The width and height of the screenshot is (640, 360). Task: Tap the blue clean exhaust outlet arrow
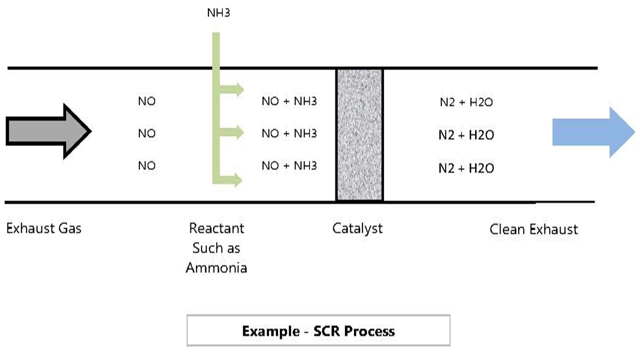(590, 132)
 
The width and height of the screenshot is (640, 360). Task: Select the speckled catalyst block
(359, 135)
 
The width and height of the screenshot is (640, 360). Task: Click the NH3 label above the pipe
(218, 12)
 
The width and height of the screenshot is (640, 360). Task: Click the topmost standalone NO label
(147, 101)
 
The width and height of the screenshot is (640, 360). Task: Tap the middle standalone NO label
(147, 133)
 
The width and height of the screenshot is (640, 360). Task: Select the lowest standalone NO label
(147, 165)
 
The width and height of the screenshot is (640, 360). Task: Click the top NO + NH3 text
(289, 101)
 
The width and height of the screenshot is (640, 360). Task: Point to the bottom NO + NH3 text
(289, 165)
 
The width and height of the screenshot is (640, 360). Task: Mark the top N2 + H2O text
(466, 102)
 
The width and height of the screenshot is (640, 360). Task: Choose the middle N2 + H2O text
(466, 135)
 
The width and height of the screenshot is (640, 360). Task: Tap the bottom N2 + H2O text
(466, 168)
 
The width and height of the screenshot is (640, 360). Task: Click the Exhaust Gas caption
(43, 228)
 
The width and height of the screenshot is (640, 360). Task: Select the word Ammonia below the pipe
(216, 267)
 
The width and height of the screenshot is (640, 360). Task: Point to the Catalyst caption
(357, 228)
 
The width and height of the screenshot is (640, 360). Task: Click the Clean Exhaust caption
(533, 229)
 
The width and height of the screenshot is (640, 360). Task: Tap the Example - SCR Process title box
(318, 330)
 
